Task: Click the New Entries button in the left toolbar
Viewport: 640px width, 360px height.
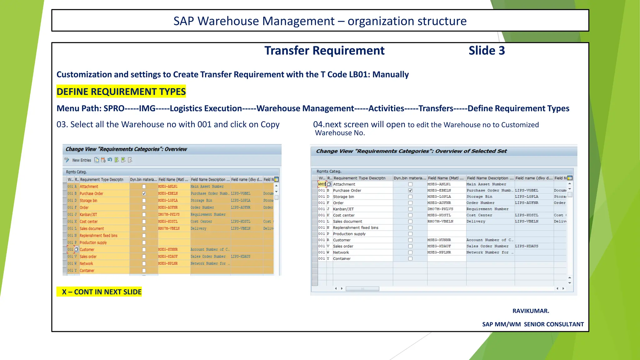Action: pos(82,160)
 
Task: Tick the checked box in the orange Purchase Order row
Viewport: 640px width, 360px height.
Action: pos(144,193)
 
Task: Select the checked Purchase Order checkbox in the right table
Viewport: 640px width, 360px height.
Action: pos(410,190)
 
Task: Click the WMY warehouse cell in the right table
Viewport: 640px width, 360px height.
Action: pos(322,184)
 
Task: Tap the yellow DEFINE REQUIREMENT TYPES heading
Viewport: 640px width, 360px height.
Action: pos(121,92)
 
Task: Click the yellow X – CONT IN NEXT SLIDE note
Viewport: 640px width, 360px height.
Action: pos(99,292)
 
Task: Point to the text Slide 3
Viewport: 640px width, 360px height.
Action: pos(487,51)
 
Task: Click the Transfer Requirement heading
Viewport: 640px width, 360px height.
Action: pos(324,51)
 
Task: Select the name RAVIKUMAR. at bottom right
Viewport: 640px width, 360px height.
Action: pos(531,311)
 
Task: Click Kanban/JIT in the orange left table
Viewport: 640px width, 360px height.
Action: pos(88,215)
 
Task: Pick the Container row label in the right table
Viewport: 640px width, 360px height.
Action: pos(342,259)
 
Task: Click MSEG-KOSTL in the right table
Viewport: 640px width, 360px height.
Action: pos(439,215)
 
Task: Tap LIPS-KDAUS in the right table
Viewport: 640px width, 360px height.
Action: pos(527,246)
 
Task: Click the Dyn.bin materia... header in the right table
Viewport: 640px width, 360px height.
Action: pos(410,178)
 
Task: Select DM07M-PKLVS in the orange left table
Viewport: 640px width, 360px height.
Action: pos(169,215)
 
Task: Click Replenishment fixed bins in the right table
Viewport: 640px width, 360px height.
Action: pos(356,228)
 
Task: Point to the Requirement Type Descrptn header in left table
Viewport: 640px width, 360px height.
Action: pos(102,180)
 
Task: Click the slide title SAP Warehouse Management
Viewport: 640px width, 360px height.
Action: pos(320,21)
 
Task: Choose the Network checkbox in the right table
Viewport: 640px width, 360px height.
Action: pos(410,252)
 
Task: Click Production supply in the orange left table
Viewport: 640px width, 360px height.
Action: pos(93,243)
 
